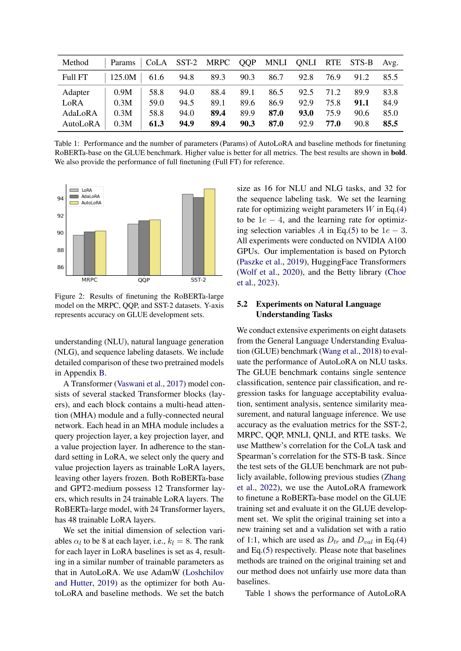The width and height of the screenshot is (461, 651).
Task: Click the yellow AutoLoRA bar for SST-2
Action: point(210,232)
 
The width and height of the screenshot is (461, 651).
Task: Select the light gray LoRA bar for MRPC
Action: point(79,255)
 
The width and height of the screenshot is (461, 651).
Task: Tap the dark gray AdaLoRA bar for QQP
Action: point(144,248)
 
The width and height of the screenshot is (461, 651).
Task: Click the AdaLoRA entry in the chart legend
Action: point(90,196)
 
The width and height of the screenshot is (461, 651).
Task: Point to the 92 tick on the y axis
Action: point(60,216)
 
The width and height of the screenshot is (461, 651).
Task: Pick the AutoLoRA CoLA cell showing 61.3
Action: point(156,124)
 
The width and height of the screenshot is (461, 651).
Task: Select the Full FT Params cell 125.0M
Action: point(123,77)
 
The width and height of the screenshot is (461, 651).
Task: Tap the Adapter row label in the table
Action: point(76,92)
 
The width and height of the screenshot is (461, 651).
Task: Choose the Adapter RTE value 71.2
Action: point(333,92)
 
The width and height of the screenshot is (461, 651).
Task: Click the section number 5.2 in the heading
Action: point(242,304)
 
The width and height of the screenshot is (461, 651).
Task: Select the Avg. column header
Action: point(390,62)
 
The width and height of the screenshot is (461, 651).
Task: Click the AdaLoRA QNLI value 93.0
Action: point(306,113)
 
